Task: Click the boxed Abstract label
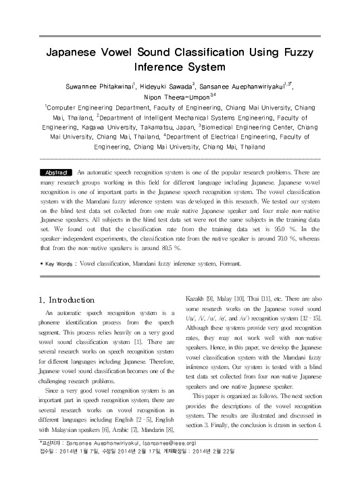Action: pos(56,173)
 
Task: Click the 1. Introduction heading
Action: pos(66,299)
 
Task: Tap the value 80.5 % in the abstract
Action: pos(152,249)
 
